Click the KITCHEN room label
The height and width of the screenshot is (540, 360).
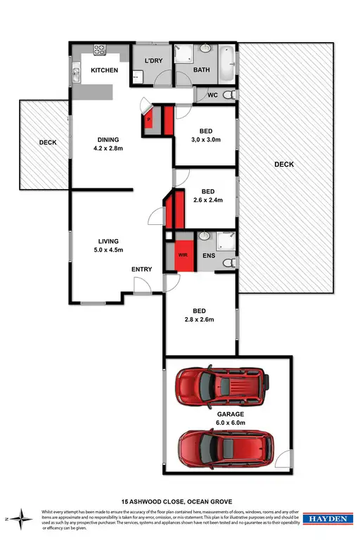[103, 71]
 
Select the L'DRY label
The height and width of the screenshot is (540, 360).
[153, 61]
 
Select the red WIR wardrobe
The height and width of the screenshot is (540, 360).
[183, 255]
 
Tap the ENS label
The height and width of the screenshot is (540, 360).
[209, 256]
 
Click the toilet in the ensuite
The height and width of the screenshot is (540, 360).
[226, 262]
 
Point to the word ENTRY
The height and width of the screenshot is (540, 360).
[142, 269]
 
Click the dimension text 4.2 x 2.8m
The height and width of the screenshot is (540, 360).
[108, 148]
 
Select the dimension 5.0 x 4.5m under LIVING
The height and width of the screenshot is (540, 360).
[108, 249]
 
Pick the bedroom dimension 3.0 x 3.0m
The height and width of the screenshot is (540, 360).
[207, 139]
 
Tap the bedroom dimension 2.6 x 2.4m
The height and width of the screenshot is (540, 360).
[207, 200]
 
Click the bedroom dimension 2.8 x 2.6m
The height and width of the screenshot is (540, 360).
[198, 319]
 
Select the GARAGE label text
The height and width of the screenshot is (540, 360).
[230, 415]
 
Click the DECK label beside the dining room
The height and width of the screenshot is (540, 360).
[48, 143]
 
